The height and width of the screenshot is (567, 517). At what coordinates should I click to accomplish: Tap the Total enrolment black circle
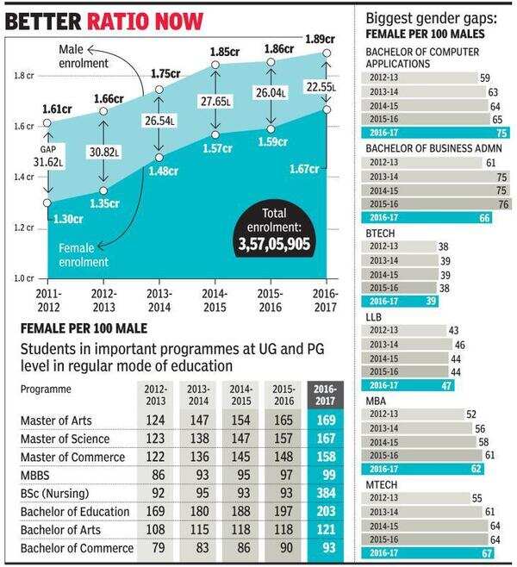(x=274, y=230)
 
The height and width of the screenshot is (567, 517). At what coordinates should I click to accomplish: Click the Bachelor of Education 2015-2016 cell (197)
(x=283, y=512)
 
